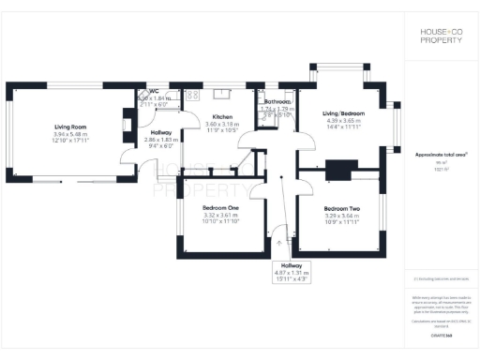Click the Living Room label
(x=70, y=127)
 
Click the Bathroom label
(x=278, y=101)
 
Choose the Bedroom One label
(x=221, y=207)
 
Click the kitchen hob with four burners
(x=192, y=95)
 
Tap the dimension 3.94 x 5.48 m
(x=70, y=134)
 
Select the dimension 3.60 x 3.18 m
(x=222, y=124)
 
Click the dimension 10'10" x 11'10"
(x=221, y=222)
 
